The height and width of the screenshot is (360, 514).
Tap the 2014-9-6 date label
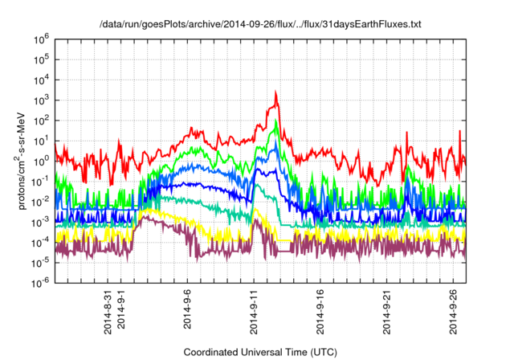point(189,312)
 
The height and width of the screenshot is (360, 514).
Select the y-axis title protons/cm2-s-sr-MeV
point(25,161)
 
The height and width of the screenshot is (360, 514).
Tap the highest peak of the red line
point(276,92)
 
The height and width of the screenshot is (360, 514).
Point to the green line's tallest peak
point(276,121)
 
